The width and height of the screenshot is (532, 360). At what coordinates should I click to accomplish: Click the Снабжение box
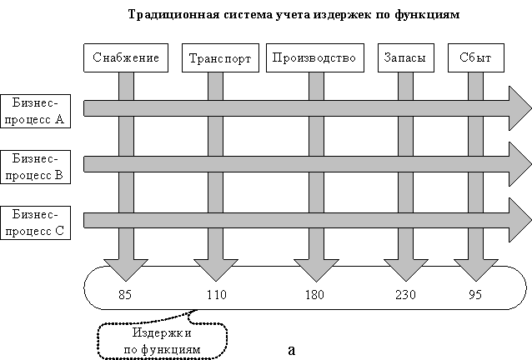tap(127, 58)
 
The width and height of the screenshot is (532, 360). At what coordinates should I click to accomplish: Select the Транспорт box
tap(220, 58)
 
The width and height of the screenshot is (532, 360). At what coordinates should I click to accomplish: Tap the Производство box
tap(314, 58)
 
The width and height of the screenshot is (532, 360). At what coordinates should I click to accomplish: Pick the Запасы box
tap(404, 58)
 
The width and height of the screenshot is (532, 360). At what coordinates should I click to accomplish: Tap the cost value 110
tap(216, 294)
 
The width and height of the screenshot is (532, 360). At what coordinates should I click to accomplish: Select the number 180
tap(314, 294)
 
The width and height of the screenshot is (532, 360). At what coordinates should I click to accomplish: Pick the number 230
tap(404, 294)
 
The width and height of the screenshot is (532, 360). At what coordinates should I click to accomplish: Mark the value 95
tap(475, 294)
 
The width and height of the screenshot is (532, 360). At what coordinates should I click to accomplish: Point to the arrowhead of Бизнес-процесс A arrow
tap(519, 107)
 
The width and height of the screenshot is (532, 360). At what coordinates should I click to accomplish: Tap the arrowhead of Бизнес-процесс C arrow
tap(519, 220)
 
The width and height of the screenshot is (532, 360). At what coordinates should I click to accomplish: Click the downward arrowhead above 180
tap(314, 272)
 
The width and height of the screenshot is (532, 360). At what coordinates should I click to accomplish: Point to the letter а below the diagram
tap(291, 349)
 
